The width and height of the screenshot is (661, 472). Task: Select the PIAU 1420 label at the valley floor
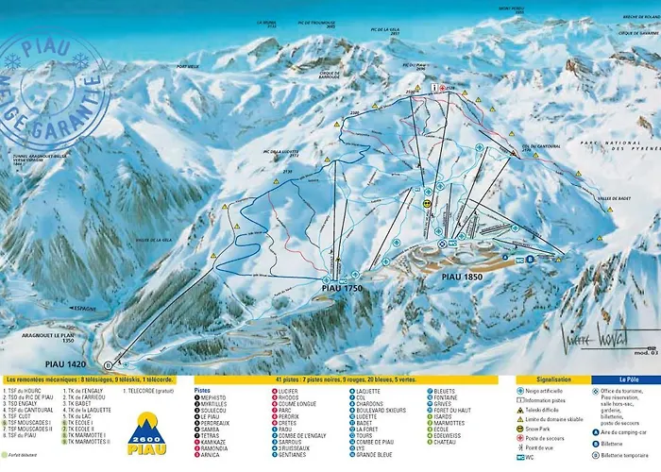tap(58, 362)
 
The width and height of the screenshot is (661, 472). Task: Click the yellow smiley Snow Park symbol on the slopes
tap(427, 203)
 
